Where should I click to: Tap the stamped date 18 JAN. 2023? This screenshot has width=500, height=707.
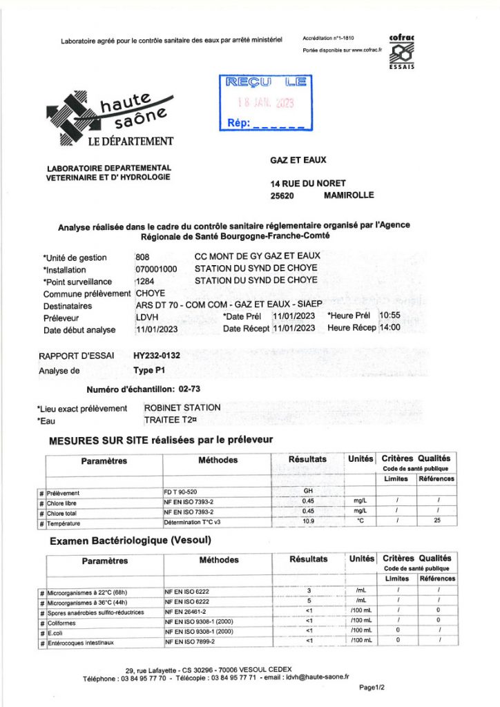click(x=265, y=103)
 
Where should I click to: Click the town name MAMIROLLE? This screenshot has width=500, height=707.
click(x=348, y=195)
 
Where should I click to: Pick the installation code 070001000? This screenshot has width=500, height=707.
click(x=157, y=269)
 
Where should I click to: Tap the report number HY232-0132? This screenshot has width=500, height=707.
click(x=157, y=356)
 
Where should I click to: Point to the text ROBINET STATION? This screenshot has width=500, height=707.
click(x=182, y=408)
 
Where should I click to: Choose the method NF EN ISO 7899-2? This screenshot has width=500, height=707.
click(x=190, y=642)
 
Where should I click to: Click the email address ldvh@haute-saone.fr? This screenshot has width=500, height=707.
click(x=318, y=679)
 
